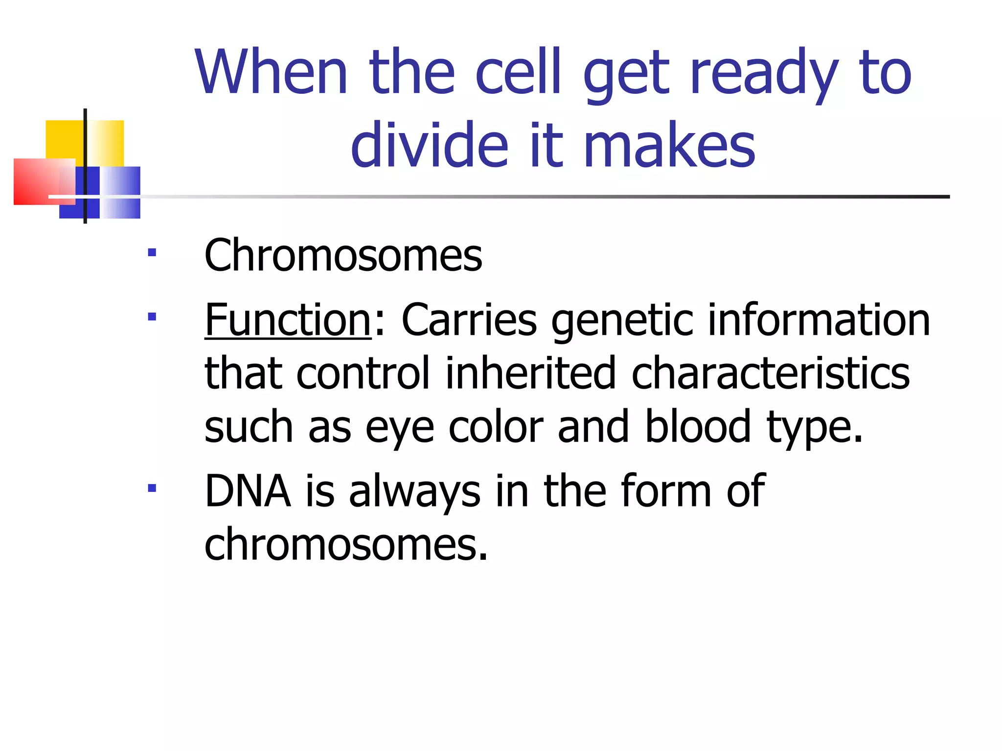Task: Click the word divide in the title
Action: (430, 145)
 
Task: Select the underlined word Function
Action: (288, 320)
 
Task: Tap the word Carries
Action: (469, 320)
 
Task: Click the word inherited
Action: (530, 374)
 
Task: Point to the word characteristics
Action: (771, 374)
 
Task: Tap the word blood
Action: (698, 427)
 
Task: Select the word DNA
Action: (248, 491)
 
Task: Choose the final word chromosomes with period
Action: (346, 545)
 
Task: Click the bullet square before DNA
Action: (152, 487)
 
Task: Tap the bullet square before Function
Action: (152, 317)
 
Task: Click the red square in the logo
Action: (34, 182)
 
